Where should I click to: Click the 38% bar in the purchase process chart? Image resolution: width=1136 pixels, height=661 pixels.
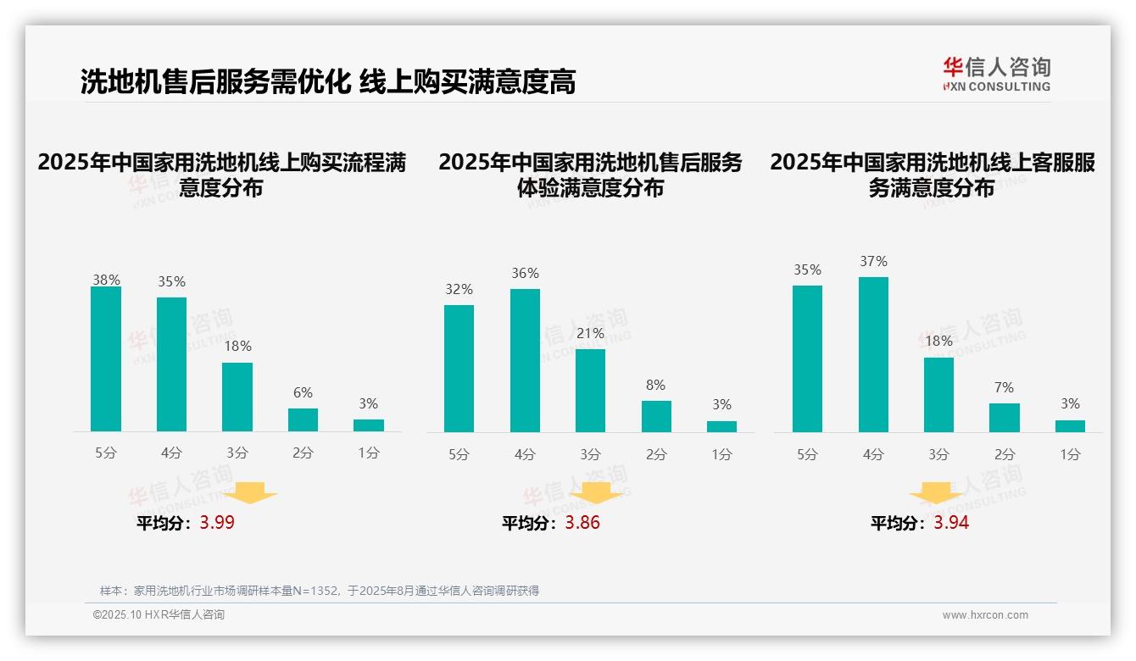click(x=106, y=359)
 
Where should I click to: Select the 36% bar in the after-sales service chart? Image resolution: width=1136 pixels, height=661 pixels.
click(x=525, y=361)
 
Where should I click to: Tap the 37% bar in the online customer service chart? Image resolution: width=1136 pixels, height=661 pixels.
click(x=873, y=354)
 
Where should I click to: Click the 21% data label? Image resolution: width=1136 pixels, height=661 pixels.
click(x=590, y=334)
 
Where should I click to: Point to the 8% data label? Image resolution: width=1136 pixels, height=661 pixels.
click(x=655, y=385)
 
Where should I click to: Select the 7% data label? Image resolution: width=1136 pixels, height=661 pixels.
click(x=1004, y=387)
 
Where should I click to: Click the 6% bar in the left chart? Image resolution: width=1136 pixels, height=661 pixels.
click(x=303, y=420)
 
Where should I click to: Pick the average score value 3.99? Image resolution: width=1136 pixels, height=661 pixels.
click(x=217, y=523)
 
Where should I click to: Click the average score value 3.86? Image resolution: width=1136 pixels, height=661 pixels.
click(x=582, y=523)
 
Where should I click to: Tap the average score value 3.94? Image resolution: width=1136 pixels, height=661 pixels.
click(x=951, y=523)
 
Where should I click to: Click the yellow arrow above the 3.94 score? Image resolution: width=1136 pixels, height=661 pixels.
click(x=936, y=492)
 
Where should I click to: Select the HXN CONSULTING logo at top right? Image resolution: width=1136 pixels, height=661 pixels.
click(x=996, y=75)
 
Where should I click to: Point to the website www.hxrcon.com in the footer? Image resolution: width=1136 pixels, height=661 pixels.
click(x=985, y=615)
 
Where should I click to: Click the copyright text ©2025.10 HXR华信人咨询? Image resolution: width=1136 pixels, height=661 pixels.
click(x=159, y=615)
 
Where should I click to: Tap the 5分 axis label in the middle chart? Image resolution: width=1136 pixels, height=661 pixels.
click(x=459, y=454)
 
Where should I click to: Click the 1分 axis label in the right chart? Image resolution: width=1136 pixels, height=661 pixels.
click(x=1070, y=454)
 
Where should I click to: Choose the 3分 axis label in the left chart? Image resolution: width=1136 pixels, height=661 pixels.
click(x=237, y=453)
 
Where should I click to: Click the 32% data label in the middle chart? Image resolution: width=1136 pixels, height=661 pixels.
click(x=459, y=290)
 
